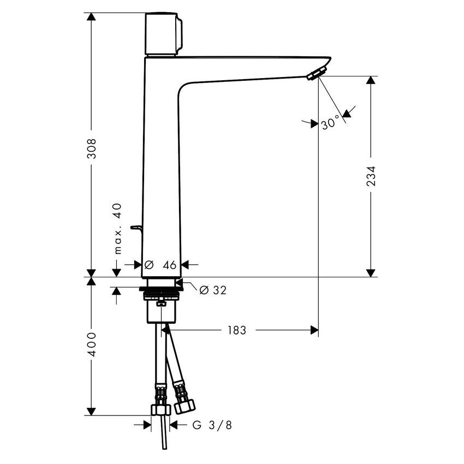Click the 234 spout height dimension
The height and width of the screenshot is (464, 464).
[x=371, y=176]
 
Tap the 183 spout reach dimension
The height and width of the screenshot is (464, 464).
[x=238, y=330]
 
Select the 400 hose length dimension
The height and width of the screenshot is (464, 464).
[x=92, y=344]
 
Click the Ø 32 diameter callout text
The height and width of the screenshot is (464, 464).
[x=213, y=290]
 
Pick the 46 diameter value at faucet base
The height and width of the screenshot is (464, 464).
[x=169, y=265]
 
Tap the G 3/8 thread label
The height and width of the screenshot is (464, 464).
[x=212, y=425]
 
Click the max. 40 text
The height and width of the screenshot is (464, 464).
[x=117, y=229]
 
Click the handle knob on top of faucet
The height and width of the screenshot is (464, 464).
[x=163, y=34]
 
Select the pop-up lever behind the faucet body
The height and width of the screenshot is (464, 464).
[x=136, y=228]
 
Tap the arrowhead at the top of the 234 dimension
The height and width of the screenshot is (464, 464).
[x=371, y=80]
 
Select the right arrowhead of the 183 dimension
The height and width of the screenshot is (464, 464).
[x=314, y=330]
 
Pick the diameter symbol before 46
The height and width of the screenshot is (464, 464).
[x=148, y=265]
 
